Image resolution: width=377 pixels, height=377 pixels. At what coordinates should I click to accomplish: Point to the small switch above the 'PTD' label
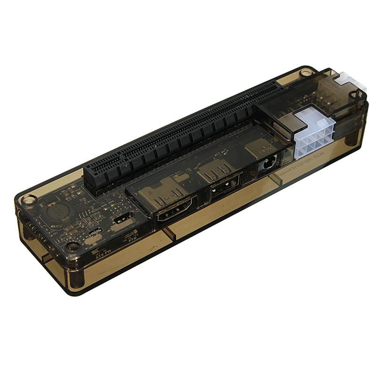click(123, 218)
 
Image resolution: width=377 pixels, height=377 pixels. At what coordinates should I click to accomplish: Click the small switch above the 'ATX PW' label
click(96, 232)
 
